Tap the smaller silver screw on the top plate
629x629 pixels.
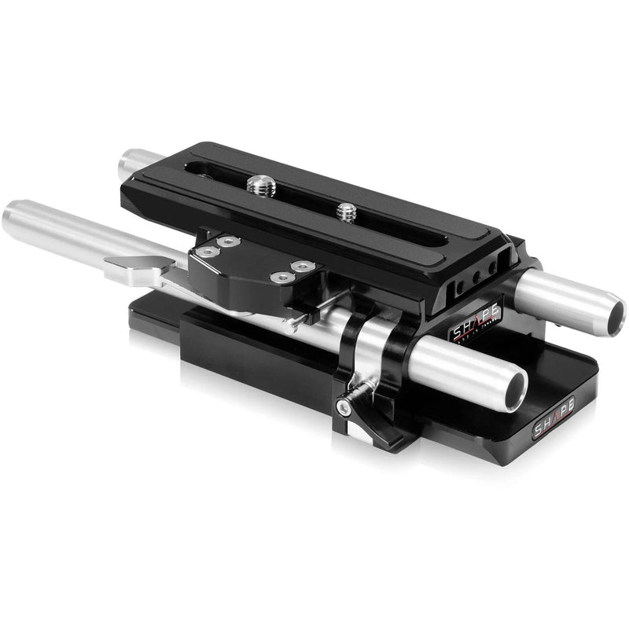[344, 211]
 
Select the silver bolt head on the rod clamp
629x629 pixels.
[344, 407]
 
